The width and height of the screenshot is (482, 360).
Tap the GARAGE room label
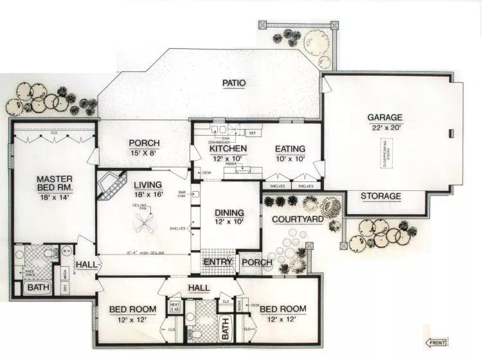coord(385,118)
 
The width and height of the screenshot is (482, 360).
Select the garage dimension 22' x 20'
coord(385,127)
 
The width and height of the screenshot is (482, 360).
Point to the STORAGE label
coord(380,196)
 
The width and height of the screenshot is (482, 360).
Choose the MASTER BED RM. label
coord(54,183)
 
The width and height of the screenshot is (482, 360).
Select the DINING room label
coord(229,212)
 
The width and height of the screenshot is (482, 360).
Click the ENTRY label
coord(218,262)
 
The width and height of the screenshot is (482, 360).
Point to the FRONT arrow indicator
coord(437,343)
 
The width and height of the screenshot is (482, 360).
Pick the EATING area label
coord(290,148)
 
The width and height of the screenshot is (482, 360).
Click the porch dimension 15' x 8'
coord(144,154)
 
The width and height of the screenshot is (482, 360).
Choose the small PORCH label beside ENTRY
coord(257,263)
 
